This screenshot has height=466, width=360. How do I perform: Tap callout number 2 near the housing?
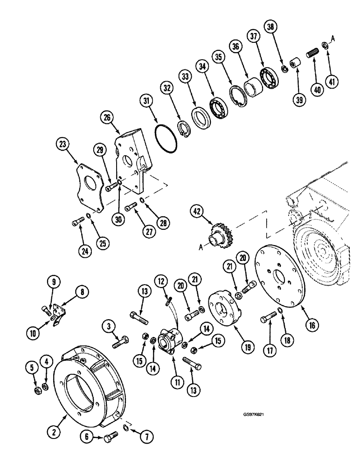[x=55, y=432]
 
